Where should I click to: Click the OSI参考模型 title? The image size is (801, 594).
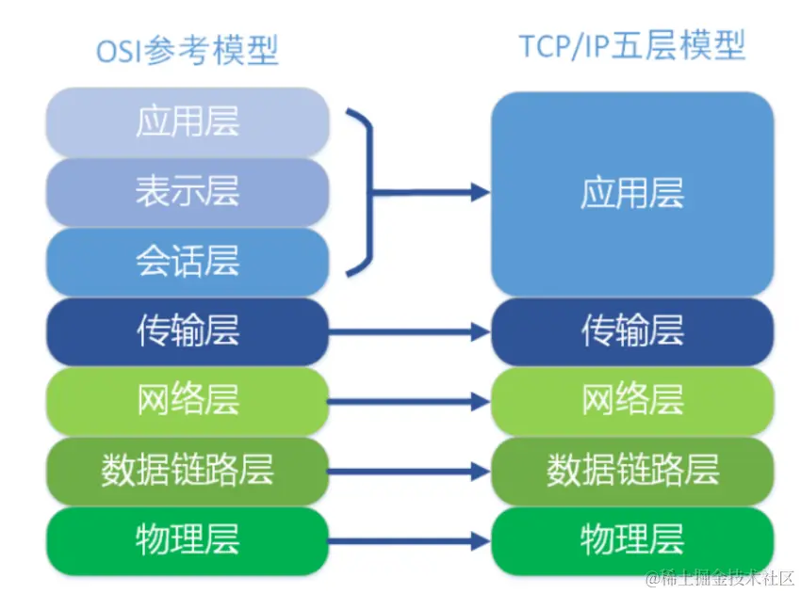pyautogui.click(x=188, y=49)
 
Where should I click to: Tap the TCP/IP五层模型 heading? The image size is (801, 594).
pyautogui.click(x=632, y=45)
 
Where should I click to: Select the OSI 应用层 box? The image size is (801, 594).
pyautogui.click(x=188, y=121)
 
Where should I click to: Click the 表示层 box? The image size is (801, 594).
pyautogui.click(x=188, y=191)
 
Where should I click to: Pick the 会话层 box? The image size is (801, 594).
pyautogui.click(x=188, y=261)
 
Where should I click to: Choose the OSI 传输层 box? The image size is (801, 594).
pyautogui.click(x=188, y=331)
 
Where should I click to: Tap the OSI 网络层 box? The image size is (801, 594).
pyautogui.click(x=188, y=401)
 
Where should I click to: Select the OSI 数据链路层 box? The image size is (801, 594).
pyautogui.click(x=188, y=471)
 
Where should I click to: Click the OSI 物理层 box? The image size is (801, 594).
pyautogui.click(x=188, y=541)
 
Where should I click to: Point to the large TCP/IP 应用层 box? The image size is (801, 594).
pyautogui.click(x=632, y=194)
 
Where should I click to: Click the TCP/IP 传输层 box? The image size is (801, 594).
pyautogui.click(x=632, y=331)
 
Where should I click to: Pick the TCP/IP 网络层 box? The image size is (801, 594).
pyautogui.click(x=632, y=401)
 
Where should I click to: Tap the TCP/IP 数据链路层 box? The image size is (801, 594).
pyautogui.click(x=632, y=471)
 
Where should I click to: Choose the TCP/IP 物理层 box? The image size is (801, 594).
pyautogui.click(x=632, y=541)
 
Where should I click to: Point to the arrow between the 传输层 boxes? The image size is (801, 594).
pyautogui.click(x=409, y=332)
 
